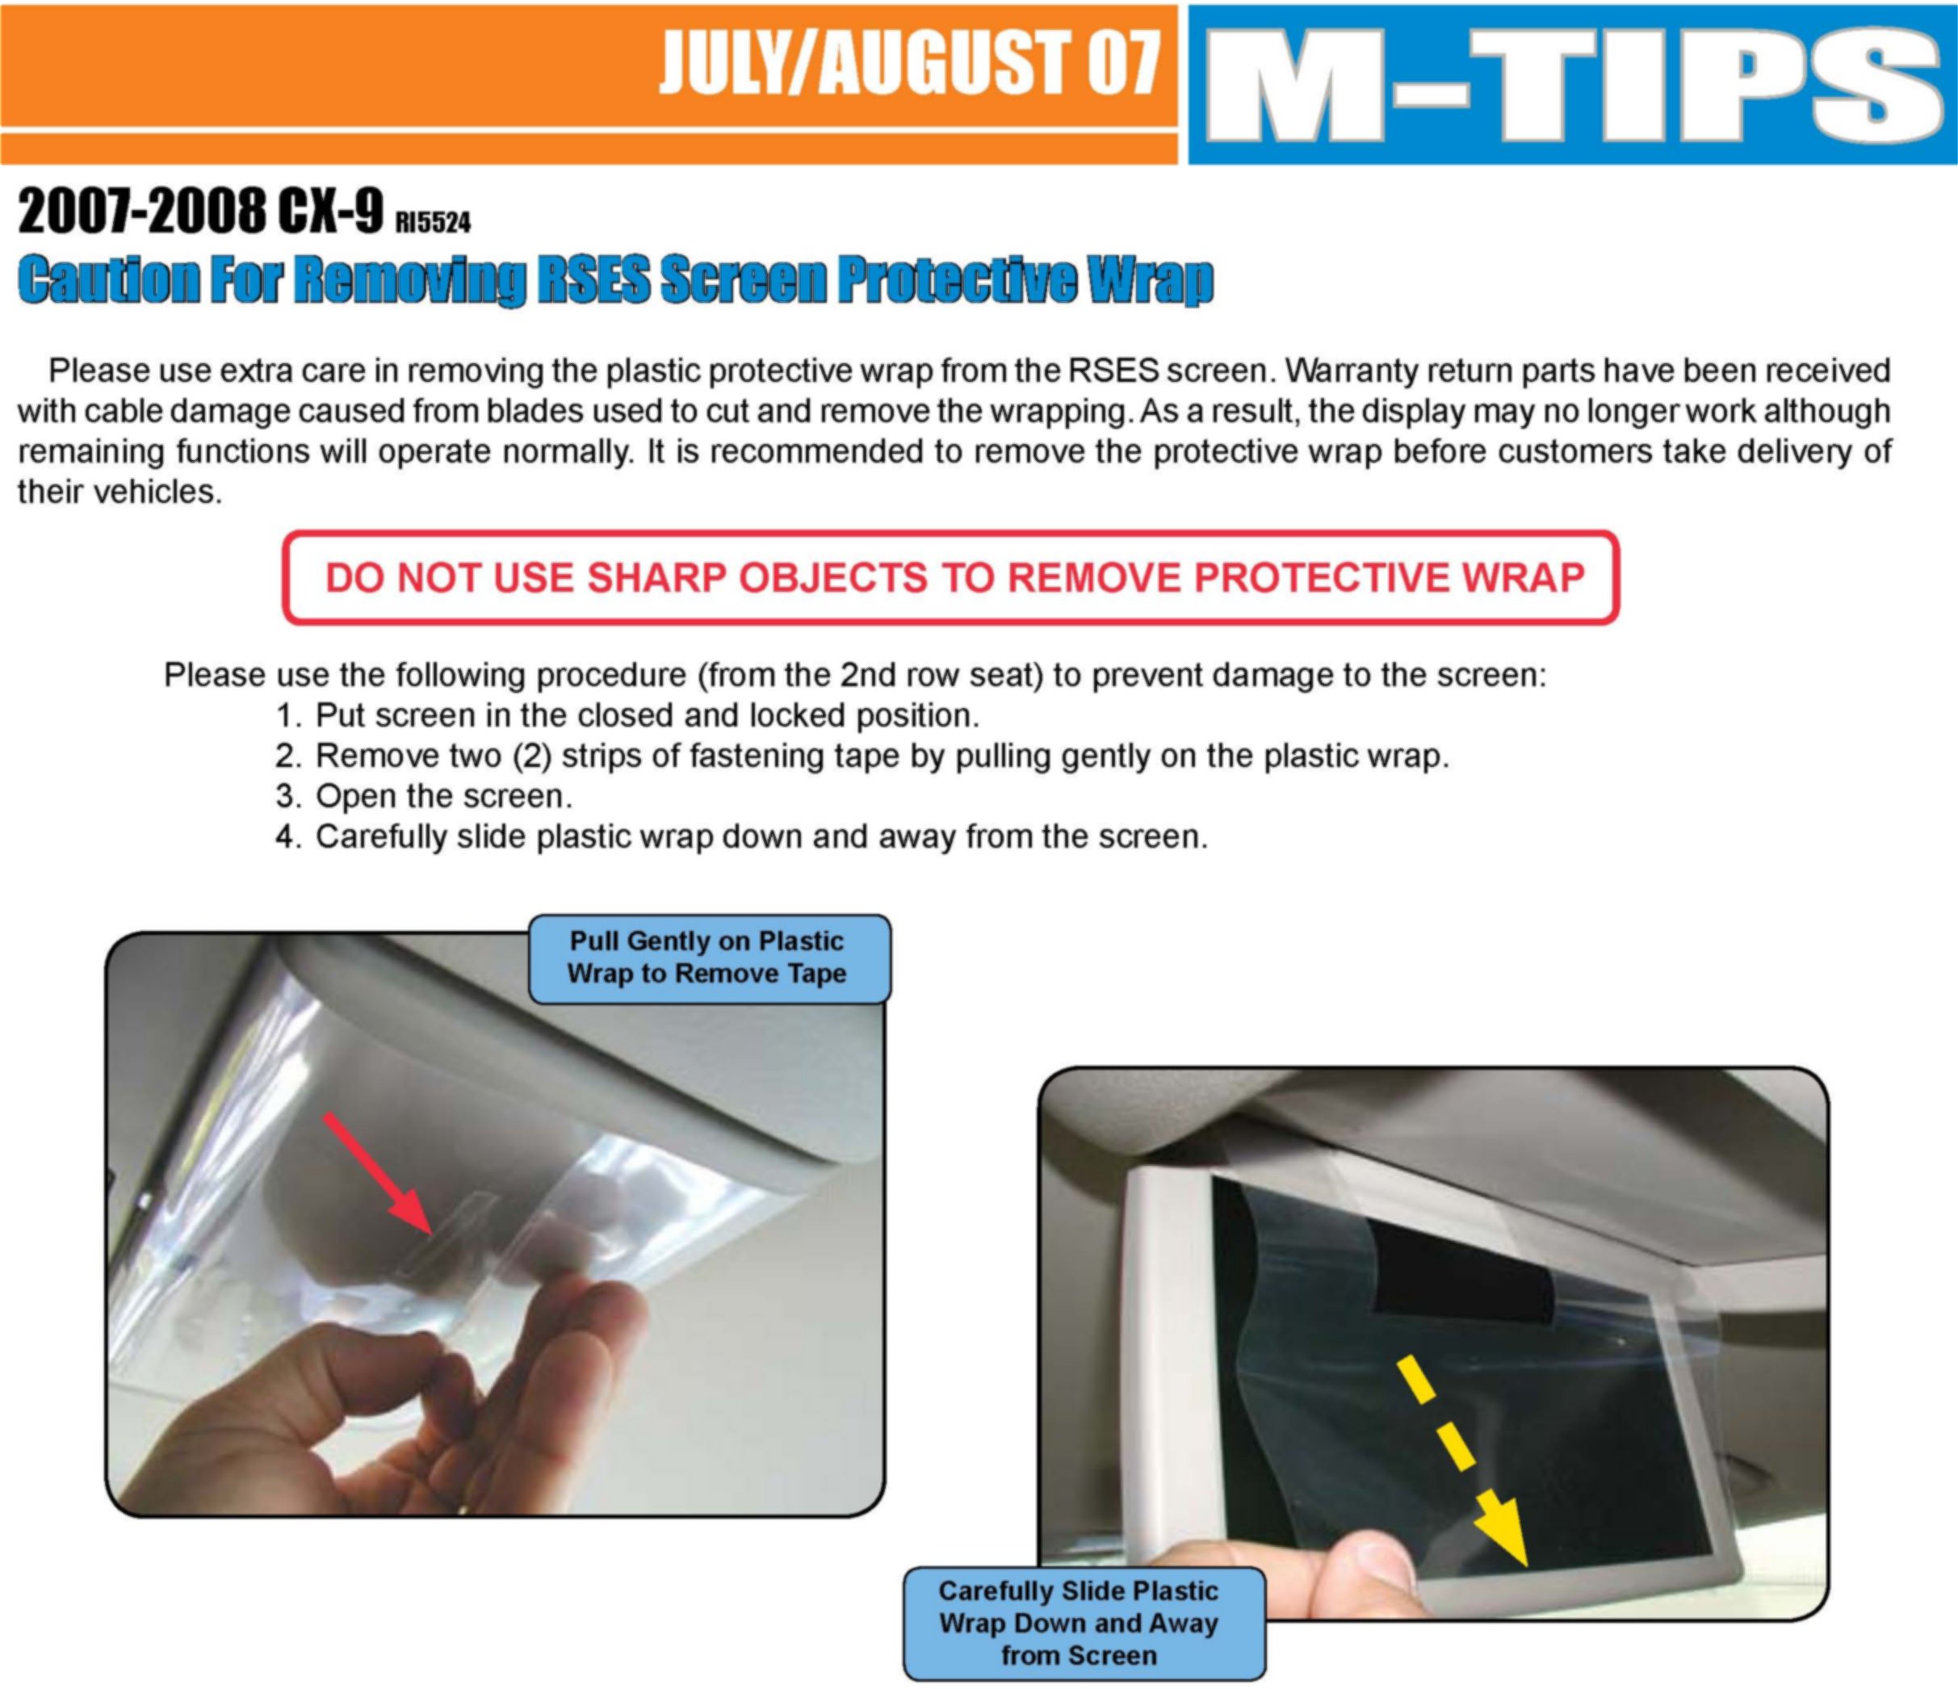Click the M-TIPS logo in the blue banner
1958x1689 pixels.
click(1572, 85)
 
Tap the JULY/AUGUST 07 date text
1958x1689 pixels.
click(909, 62)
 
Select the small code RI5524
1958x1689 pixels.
click(433, 222)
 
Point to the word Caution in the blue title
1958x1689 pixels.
click(110, 280)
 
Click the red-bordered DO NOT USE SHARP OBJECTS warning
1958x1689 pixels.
click(950, 577)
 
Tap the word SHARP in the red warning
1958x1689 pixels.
click(656, 577)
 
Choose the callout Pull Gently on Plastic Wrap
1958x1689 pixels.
click(709, 958)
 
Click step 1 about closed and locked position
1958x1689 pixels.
click(627, 715)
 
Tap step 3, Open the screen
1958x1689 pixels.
click(424, 796)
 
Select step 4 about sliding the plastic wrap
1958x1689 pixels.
click(742, 836)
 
